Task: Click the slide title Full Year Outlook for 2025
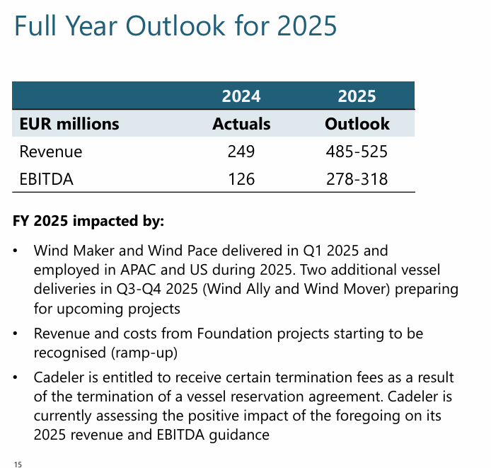click(175, 26)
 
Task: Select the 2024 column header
click(241, 96)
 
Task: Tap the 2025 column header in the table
click(357, 96)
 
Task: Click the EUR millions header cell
click(69, 124)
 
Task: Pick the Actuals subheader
click(241, 124)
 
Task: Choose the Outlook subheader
click(357, 124)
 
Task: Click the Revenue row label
click(51, 152)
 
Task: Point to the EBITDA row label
click(47, 178)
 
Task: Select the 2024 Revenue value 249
click(241, 152)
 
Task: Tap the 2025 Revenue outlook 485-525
click(357, 152)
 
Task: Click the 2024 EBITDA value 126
click(241, 178)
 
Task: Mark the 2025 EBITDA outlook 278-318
click(357, 178)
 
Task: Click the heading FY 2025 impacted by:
click(88, 221)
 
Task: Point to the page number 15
click(18, 464)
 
